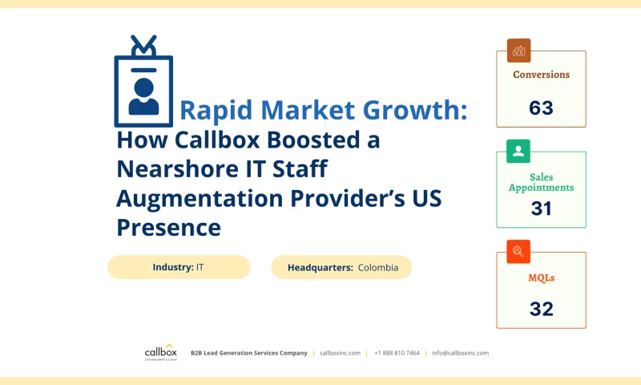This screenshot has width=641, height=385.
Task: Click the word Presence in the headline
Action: [x=168, y=227]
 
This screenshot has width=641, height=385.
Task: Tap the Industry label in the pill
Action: [x=172, y=267]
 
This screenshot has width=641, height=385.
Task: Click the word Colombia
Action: [x=378, y=267]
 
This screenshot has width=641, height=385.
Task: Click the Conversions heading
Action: [x=541, y=75]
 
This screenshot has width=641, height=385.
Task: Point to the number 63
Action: [x=541, y=107]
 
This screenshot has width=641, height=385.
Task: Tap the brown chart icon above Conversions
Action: [x=518, y=51]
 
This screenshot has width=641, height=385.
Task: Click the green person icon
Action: [x=518, y=151]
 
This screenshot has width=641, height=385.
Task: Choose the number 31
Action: [x=542, y=209]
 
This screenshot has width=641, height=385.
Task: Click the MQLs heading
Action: [x=542, y=278]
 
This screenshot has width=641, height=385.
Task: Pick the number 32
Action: [x=542, y=309]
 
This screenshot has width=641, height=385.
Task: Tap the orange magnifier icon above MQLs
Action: [x=518, y=252]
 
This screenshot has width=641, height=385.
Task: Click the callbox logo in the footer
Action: [x=160, y=352]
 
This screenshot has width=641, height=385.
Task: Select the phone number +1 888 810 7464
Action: [x=397, y=353]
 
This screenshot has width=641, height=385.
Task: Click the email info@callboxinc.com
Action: [x=460, y=353]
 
